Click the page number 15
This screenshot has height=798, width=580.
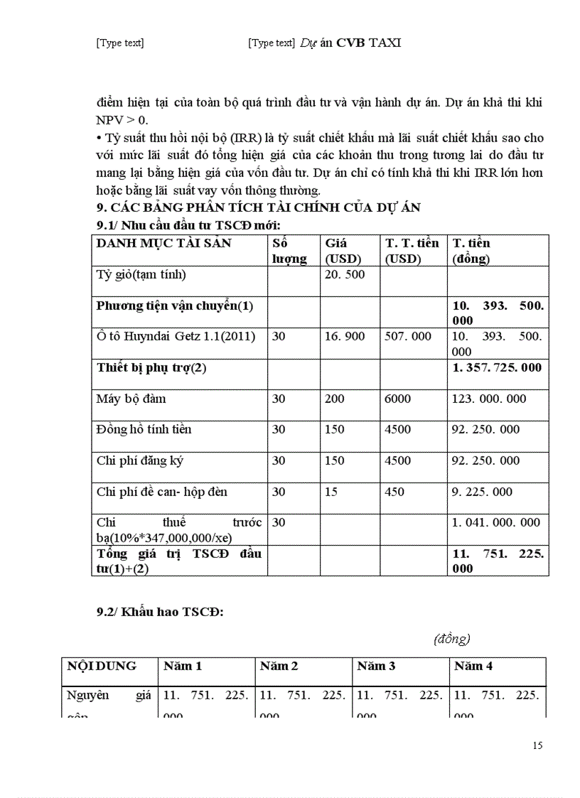[537, 745]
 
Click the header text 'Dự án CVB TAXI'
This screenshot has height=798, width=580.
[350, 43]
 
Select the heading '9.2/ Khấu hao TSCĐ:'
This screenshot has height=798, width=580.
[160, 614]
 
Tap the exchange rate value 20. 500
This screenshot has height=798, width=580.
[345, 274]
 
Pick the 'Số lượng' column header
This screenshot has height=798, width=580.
[289, 251]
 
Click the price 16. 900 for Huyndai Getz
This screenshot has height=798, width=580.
[345, 336]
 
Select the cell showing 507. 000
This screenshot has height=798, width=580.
[407, 336]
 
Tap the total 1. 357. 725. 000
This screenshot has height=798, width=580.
[496, 367]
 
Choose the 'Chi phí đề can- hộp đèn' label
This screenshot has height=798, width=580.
[162, 492]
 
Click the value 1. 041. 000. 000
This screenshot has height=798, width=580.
[496, 522]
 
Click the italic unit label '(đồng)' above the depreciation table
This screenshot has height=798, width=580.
[452, 638]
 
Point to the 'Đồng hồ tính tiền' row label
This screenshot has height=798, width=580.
[144, 429]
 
